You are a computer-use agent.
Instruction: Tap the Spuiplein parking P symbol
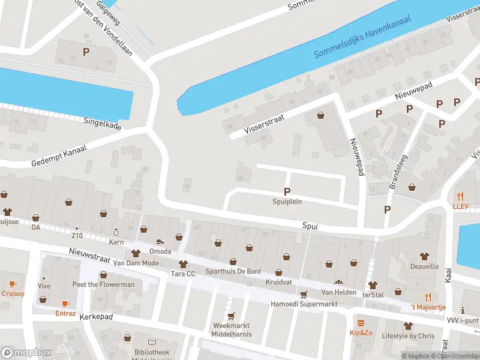click(287, 191)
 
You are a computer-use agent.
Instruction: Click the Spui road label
click(310, 226)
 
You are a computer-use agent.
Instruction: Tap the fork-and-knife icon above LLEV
click(461, 196)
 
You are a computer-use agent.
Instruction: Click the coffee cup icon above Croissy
click(13, 283)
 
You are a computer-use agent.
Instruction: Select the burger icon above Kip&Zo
click(361, 322)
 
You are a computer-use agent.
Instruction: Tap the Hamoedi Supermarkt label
click(304, 304)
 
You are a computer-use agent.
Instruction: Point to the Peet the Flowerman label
click(103, 284)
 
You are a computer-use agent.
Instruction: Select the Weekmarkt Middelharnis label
click(232, 330)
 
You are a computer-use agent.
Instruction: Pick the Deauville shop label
click(425, 266)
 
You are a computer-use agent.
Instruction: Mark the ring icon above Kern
click(116, 232)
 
